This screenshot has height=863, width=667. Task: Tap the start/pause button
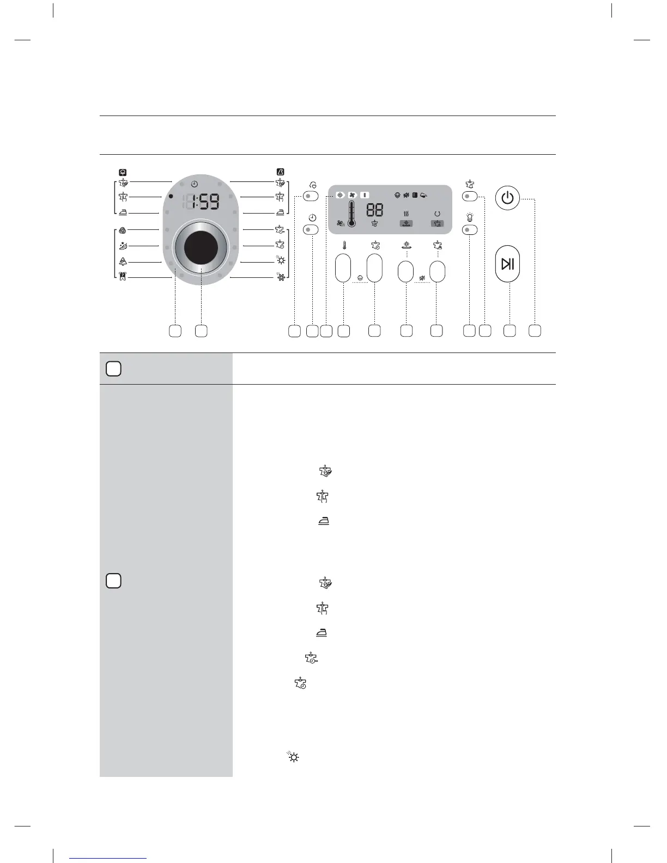pyautogui.click(x=507, y=264)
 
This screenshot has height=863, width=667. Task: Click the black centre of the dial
pyautogui.click(x=201, y=247)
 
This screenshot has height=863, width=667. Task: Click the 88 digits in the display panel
pyautogui.click(x=374, y=210)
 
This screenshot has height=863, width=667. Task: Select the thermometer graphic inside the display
pyautogui.click(x=351, y=213)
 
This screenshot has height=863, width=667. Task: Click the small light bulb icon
pyautogui.click(x=470, y=217)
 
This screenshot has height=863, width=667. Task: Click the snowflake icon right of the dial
pyautogui.click(x=281, y=278)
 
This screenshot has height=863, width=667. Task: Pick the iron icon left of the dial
pyautogui.click(x=123, y=213)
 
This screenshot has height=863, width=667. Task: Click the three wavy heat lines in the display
pyautogui.click(x=406, y=214)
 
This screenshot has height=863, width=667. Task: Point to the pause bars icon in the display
pyautogui.click(x=364, y=195)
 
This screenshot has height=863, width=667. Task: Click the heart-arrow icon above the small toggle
pyautogui.click(x=312, y=185)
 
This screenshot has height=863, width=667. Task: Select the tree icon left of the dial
pyautogui.click(x=123, y=262)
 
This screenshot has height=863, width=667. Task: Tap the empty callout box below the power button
pyautogui.click(x=535, y=330)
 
